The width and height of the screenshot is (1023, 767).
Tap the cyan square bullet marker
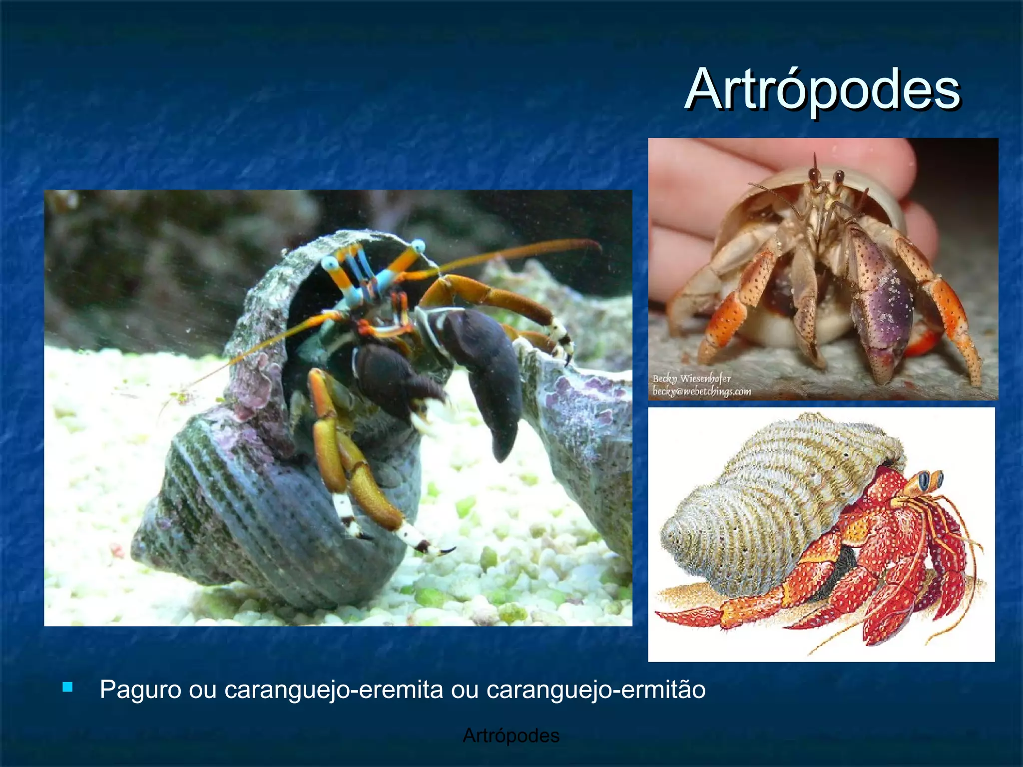[67, 687]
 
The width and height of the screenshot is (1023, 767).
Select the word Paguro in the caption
[140, 690]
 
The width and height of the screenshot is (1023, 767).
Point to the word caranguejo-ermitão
[595, 690]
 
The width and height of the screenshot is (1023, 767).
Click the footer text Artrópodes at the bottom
[511, 736]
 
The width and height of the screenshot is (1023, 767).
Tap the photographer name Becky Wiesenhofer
[691, 379]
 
